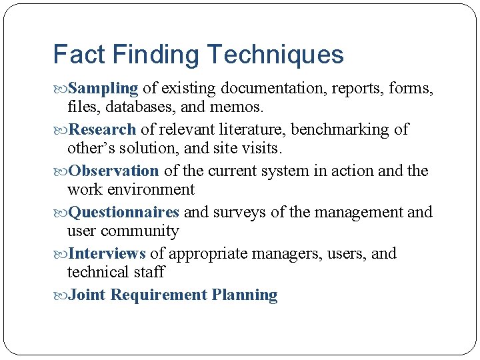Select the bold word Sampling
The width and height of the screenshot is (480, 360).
103,89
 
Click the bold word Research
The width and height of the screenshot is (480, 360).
103,129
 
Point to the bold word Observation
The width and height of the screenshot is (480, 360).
114,171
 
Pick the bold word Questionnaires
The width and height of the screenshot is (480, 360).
124,212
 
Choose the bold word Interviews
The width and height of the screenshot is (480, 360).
107,253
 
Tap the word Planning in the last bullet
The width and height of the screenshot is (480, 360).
245,295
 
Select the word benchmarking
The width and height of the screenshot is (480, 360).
349,129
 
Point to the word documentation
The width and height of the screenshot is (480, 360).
270,88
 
